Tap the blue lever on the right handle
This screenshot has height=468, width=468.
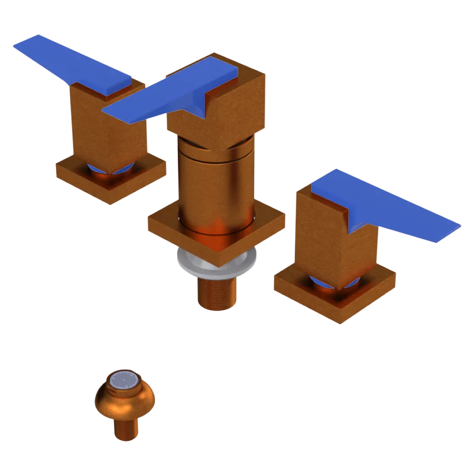[388, 206]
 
